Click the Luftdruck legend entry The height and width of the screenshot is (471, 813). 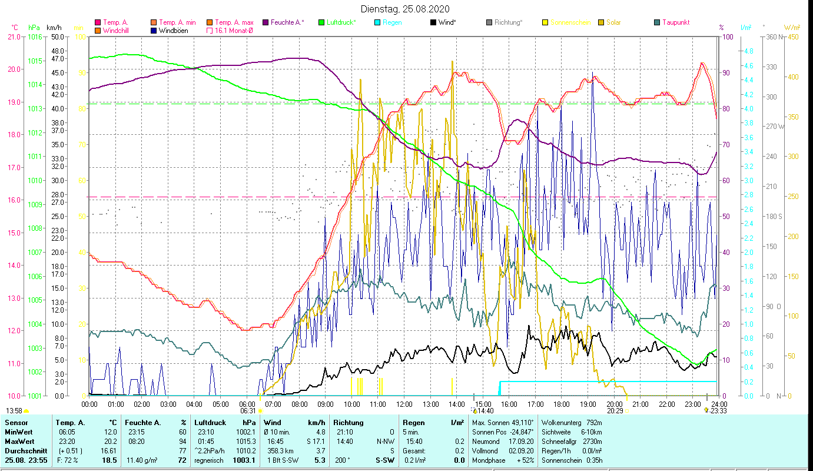click(x=341, y=22)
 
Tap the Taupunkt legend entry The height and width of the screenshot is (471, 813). click(x=675, y=22)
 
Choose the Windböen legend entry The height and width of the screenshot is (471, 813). click(x=173, y=31)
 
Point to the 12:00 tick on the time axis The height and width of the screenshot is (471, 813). click(x=404, y=404)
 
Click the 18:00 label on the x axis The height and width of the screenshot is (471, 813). click(x=562, y=404)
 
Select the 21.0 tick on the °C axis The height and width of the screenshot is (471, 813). click(x=14, y=37)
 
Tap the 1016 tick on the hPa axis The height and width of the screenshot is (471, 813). click(x=35, y=37)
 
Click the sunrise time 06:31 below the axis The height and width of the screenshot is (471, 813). click(x=248, y=411)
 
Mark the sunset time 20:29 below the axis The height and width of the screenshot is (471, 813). click(x=615, y=411)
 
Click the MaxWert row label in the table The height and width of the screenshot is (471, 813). click(x=19, y=442)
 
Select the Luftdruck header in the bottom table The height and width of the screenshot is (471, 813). click(x=210, y=423)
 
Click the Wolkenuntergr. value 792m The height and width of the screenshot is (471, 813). click(x=593, y=423)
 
